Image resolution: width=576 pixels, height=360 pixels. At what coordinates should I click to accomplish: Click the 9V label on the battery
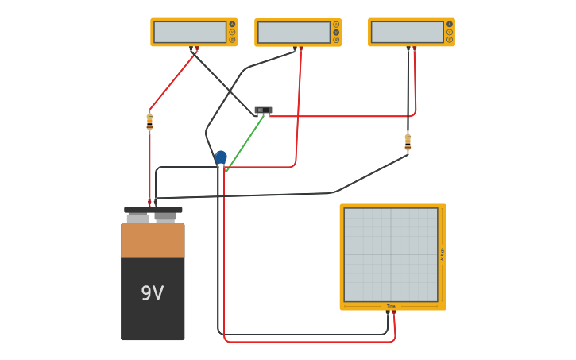click(x=152, y=293)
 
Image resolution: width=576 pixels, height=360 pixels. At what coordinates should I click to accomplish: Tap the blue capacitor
click(x=221, y=157)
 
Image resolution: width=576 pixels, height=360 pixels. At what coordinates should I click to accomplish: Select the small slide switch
click(x=263, y=110)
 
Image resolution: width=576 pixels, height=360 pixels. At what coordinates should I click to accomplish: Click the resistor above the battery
click(x=149, y=122)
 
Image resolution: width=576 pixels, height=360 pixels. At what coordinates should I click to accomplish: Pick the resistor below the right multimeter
click(x=408, y=142)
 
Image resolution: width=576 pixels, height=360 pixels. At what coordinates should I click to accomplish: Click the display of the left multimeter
click(x=190, y=32)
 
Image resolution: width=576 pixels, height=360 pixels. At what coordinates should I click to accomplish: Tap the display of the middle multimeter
click(x=293, y=33)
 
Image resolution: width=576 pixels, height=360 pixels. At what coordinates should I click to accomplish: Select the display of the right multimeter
click(x=407, y=32)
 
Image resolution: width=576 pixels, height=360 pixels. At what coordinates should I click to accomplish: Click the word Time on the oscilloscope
click(x=391, y=306)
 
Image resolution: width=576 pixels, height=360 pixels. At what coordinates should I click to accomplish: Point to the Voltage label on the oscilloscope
click(x=443, y=255)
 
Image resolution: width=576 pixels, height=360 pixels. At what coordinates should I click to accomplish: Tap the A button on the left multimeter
click(x=232, y=24)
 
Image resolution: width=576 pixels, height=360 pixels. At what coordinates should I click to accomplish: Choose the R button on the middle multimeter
click(x=336, y=40)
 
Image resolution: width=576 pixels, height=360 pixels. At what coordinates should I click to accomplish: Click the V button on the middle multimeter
click(x=336, y=33)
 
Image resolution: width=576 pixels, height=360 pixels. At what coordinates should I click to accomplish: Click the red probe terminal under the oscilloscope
click(x=394, y=313)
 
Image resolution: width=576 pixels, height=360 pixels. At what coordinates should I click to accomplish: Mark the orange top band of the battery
click(x=153, y=240)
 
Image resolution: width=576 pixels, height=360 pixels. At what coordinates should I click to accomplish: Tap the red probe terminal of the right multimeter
click(x=415, y=48)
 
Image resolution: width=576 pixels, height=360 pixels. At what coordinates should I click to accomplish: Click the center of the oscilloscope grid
click(x=391, y=255)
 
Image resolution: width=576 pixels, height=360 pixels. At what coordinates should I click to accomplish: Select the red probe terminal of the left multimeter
click(x=196, y=48)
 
